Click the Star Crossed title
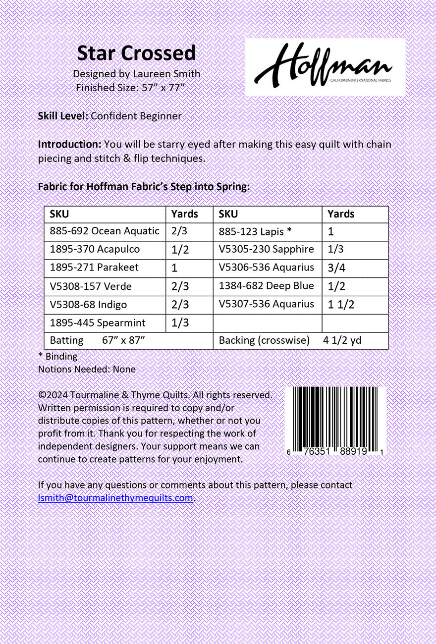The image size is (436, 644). point(136,53)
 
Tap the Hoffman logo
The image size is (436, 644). point(325,66)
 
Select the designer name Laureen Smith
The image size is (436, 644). point(166,74)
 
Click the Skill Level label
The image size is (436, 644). point(63,116)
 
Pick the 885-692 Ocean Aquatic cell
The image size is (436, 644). point(105,231)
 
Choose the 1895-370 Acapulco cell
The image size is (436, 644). point(95,249)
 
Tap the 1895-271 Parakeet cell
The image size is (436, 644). point(94,268)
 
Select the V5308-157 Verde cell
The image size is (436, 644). point(91,286)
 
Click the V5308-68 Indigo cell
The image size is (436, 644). point(88,305)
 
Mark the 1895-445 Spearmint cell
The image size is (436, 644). point(98,323)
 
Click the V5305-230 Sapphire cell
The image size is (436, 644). point(266,249)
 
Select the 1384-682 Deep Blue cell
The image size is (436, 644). point(266,286)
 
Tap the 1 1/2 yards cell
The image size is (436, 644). point(341,305)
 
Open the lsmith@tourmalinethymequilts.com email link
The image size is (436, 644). point(115,498)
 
